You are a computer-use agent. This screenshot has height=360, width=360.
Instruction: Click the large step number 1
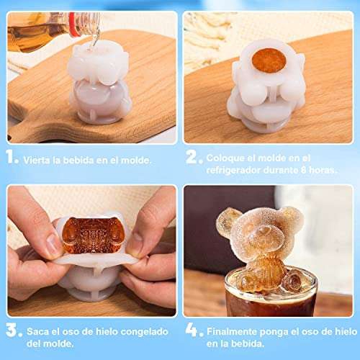pos(12,157)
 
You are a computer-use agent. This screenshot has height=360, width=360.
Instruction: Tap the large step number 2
pos(194,157)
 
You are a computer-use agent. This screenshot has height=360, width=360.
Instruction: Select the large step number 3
pos(14,330)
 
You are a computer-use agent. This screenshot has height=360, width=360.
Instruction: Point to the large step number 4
pos(194,330)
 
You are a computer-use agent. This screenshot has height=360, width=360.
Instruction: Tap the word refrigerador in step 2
pos(233,170)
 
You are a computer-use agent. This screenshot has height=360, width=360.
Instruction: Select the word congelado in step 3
pos(144,332)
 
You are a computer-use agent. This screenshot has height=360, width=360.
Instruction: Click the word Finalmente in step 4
pos(232,332)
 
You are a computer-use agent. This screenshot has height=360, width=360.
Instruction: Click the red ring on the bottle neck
pos(73,24)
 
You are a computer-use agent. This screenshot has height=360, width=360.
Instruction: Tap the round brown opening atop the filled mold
pos(269,60)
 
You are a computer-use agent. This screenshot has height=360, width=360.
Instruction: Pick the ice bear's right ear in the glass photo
pos(292,220)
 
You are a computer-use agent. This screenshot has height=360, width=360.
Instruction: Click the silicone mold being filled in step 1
pos(99,84)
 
